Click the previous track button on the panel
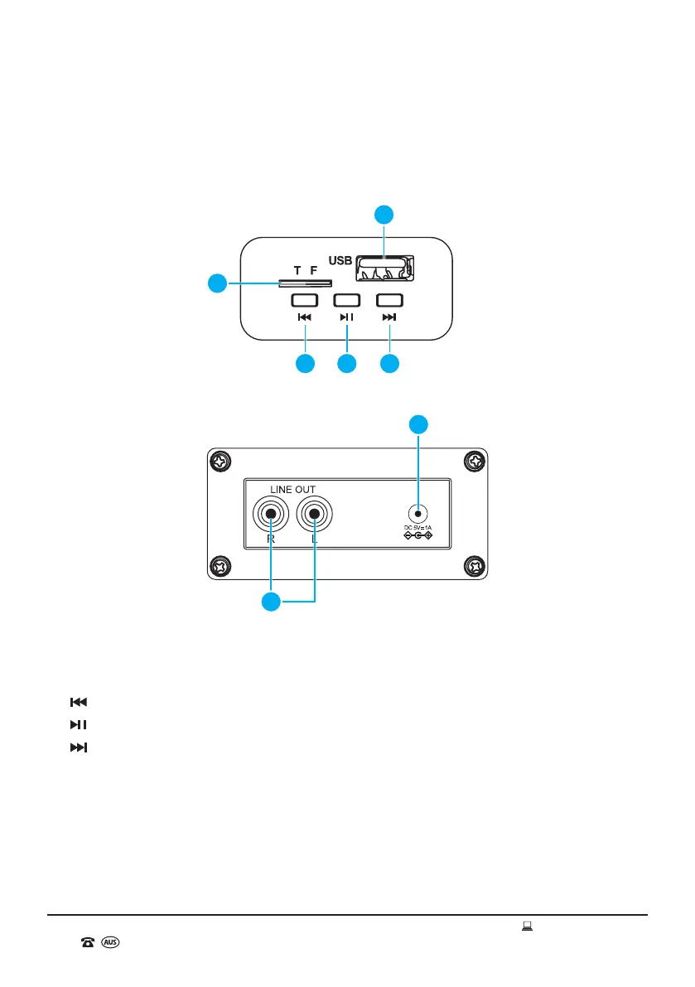click(x=305, y=300)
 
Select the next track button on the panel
click(x=389, y=300)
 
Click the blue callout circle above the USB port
click(x=384, y=215)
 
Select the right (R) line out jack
click(x=271, y=515)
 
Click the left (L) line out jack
click(x=315, y=515)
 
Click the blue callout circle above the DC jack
click(x=419, y=424)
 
